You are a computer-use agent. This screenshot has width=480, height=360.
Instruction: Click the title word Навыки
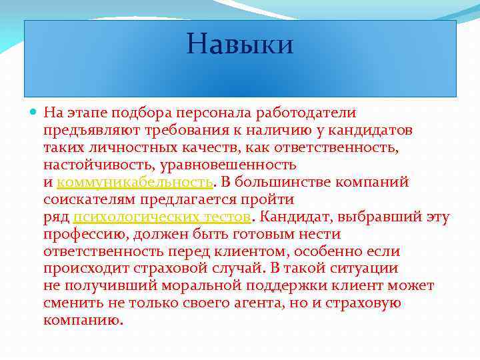click(x=240, y=44)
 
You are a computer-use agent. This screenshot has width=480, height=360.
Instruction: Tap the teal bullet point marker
click(x=34, y=113)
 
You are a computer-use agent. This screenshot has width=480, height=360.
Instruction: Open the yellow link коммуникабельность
click(x=135, y=182)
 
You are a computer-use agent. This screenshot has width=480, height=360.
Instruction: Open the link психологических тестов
click(x=162, y=217)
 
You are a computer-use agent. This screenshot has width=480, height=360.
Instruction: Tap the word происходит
click(x=86, y=269)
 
